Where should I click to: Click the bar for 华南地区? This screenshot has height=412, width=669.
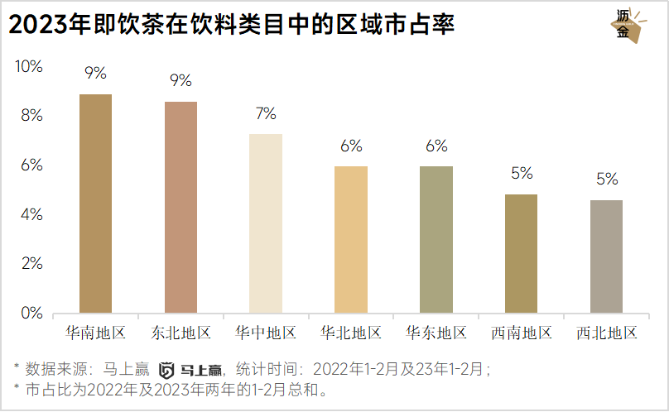point(95,204)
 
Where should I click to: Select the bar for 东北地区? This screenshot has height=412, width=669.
point(180,208)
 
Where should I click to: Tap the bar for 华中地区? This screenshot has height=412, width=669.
point(266,223)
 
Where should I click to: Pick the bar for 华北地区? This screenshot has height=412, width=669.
point(351,240)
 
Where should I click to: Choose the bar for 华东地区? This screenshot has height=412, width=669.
point(436,240)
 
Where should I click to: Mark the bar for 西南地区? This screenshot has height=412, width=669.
point(522,254)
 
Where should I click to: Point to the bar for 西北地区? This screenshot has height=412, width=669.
point(607,256)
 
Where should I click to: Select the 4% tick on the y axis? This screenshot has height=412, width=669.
point(31,214)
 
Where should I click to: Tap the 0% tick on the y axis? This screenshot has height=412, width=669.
point(31,313)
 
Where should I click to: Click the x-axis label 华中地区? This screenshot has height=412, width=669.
point(266,333)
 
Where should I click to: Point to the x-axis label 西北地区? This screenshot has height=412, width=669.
point(607,333)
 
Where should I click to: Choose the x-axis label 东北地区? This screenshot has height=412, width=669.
point(180,333)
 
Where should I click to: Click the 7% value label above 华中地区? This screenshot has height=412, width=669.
point(266,113)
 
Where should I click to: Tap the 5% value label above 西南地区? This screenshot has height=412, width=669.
point(522,174)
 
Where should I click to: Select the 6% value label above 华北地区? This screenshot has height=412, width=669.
point(351,146)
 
